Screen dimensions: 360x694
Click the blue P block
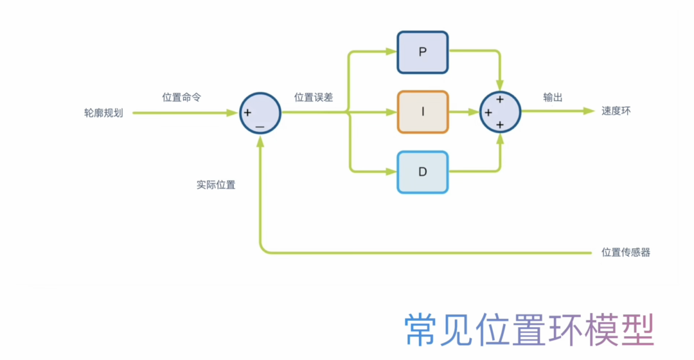pyautogui.click(x=422, y=52)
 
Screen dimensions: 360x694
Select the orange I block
pyautogui.click(x=422, y=112)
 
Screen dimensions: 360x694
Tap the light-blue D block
pyautogui.click(x=422, y=172)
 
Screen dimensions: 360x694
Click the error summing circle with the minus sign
pyautogui.click(x=260, y=113)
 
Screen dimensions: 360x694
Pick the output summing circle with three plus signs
pyautogui.click(x=500, y=112)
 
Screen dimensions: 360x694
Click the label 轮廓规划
pyautogui.click(x=103, y=112)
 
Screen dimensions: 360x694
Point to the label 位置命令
pyautogui.click(x=181, y=97)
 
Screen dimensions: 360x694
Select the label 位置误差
pyautogui.click(x=314, y=97)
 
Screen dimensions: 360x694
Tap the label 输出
pyautogui.click(x=553, y=97)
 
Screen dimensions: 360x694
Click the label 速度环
pyautogui.click(x=616, y=111)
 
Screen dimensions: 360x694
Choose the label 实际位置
pyautogui.click(x=216, y=184)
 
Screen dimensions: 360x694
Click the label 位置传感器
pyautogui.click(x=625, y=252)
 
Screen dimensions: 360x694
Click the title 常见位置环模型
pyautogui.click(x=529, y=330)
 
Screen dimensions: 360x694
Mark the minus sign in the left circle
pyautogui.click(x=260, y=127)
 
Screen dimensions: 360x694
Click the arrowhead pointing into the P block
pyautogui.click(x=391, y=52)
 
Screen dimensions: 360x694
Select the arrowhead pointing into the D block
pyautogui.click(x=391, y=172)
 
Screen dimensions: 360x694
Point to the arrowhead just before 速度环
pyautogui.click(x=588, y=111)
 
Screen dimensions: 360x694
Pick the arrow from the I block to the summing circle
pyautogui.click(x=464, y=112)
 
